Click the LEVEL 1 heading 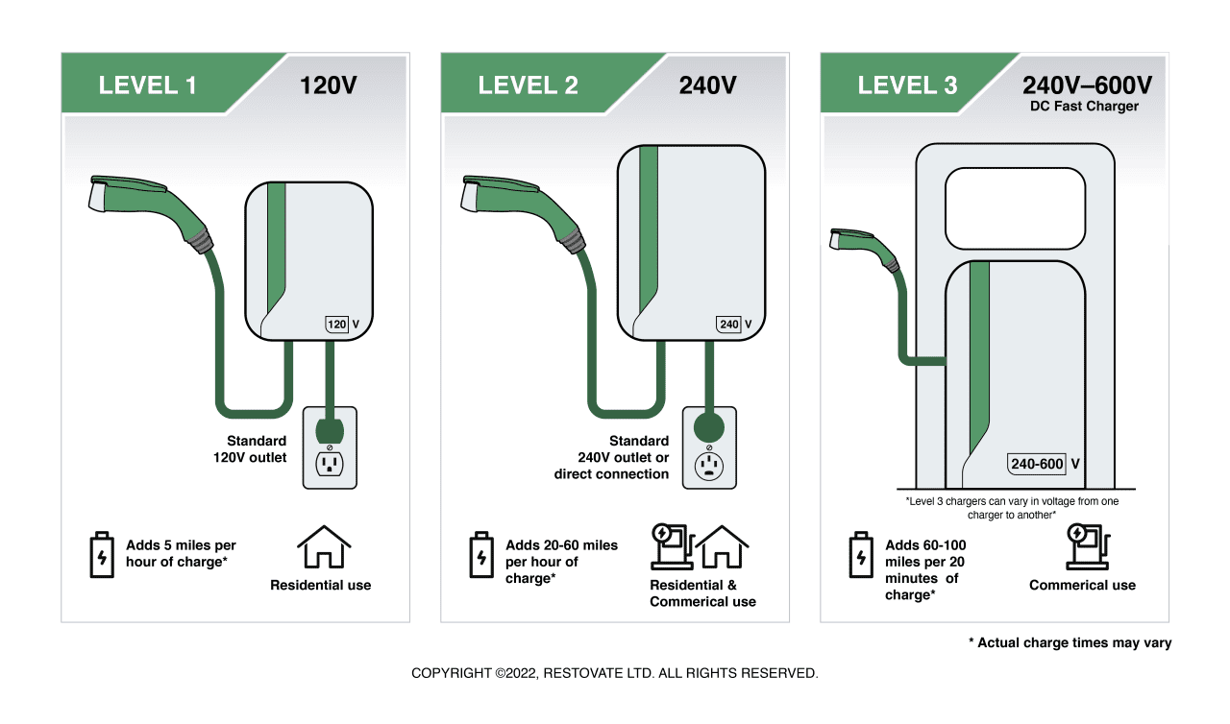pyautogui.click(x=147, y=85)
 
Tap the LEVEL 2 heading pyautogui.click(x=528, y=85)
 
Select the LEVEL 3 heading pyautogui.click(x=907, y=85)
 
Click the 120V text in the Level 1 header pyautogui.click(x=328, y=85)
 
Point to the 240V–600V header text pyautogui.click(x=1087, y=85)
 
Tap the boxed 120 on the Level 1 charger pyautogui.click(x=336, y=325)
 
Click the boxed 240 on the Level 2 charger pyautogui.click(x=729, y=325)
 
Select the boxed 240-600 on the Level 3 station pyautogui.click(x=1037, y=465)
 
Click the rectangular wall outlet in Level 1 pyautogui.click(x=330, y=447)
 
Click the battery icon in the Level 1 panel pyautogui.click(x=101, y=555)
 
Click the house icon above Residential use pyautogui.click(x=324, y=548)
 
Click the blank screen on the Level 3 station pyautogui.click(x=1015, y=207)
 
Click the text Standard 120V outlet pyautogui.click(x=250, y=449)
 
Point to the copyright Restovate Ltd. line pyautogui.click(x=615, y=673)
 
